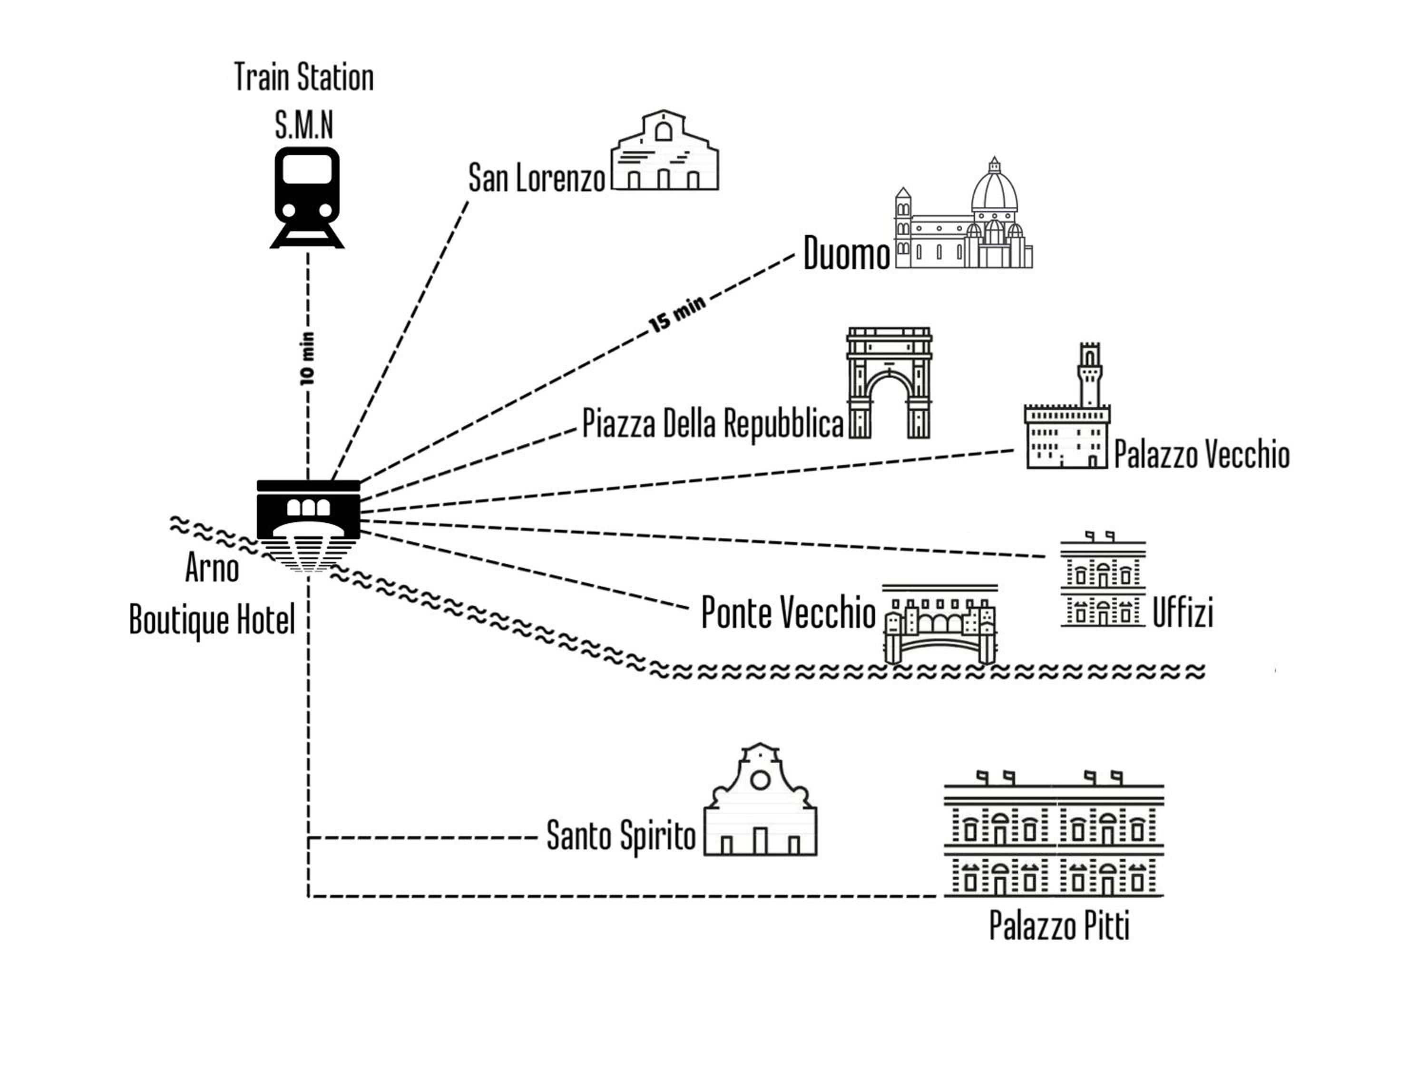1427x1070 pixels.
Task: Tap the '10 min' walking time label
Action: (x=308, y=359)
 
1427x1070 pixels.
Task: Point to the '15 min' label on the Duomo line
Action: (x=677, y=315)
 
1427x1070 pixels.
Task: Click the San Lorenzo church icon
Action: (x=665, y=152)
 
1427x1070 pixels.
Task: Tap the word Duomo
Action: (x=846, y=253)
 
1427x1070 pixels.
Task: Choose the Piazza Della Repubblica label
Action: (x=713, y=424)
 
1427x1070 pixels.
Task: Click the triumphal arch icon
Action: (x=889, y=383)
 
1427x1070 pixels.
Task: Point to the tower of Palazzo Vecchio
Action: (x=1090, y=374)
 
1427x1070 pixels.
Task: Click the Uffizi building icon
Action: (x=1103, y=581)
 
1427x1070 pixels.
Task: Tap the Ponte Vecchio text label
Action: (x=788, y=612)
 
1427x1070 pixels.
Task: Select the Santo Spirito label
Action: (x=621, y=835)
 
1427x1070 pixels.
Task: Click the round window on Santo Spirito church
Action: (x=760, y=780)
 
